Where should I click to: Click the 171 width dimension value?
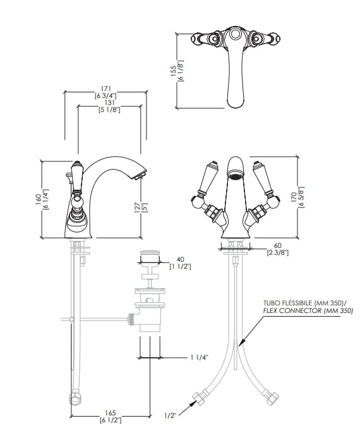(106, 89)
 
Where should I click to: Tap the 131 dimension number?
(109, 103)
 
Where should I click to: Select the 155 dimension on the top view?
(173, 71)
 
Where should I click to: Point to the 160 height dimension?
(39, 199)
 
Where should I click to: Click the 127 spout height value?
(137, 207)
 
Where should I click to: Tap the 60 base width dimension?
(277, 245)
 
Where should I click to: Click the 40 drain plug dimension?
(180, 259)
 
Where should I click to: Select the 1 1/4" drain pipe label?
(199, 357)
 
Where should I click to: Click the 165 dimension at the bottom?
(111, 413)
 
